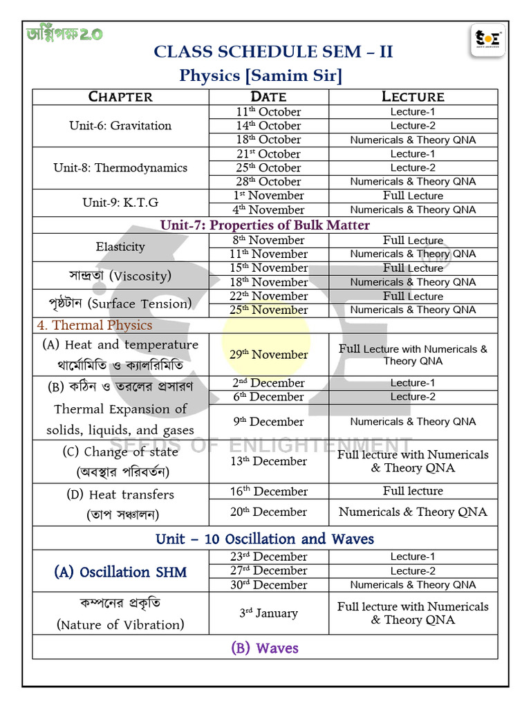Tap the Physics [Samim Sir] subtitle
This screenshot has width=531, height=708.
pyautogui.click(x=261, y=75)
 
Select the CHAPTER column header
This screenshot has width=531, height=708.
pyautogui.click(x=120, y=97)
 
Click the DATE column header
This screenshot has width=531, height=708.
pyautogui.click(x=268, y=97)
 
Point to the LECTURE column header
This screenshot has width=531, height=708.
pyautogui.click(x=413, y=97)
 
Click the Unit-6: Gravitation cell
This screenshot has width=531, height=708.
pyautogui.click(x=120, y=126)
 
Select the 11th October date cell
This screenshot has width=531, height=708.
pyautogui.click(x=268, y=112)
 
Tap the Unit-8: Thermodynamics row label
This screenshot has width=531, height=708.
pyautogui.click(x=120, y=168)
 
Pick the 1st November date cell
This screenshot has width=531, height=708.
pyautogui.click(x=268, y=196)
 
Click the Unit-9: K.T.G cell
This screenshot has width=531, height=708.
pyautogui.click(x=120, y=203)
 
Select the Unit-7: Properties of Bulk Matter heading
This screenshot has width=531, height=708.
pyautogui.click(x=265, y=225)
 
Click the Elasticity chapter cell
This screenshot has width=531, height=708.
pyautogui.click(x=120, y=247)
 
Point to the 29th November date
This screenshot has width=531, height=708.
pyautogui.click(x=268, y=355)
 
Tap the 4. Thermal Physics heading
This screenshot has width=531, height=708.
pyautogui.click(x=94, y=325)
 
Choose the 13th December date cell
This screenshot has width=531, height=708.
pyautogui.click(x=268, y=461)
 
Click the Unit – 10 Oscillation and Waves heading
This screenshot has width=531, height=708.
pyautogui.click(x=265, y=539)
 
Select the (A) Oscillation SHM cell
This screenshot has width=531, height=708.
pyautogui.click(x=120, y=572)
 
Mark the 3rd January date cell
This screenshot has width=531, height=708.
pyautogui.click(x=268, y=613)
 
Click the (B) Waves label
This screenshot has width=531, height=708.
pyautogui.click(x=265, y=648)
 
